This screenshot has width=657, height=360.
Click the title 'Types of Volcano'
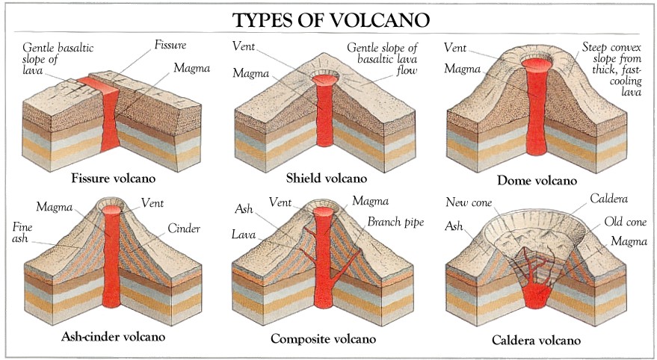pyautogui.click(x=328, y=17)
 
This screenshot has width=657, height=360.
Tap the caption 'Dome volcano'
pyautogui.click(x=537, y=180)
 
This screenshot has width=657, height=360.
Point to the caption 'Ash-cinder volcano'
pyautogui.click(x=113, y=336)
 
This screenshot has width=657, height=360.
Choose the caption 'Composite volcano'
pyautogui.click(x=323, y=339)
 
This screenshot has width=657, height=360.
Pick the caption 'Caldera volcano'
pyautogui.click(x=536, y=340)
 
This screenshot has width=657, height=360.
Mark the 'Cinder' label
pyautogui.click(x=184, y=229)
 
